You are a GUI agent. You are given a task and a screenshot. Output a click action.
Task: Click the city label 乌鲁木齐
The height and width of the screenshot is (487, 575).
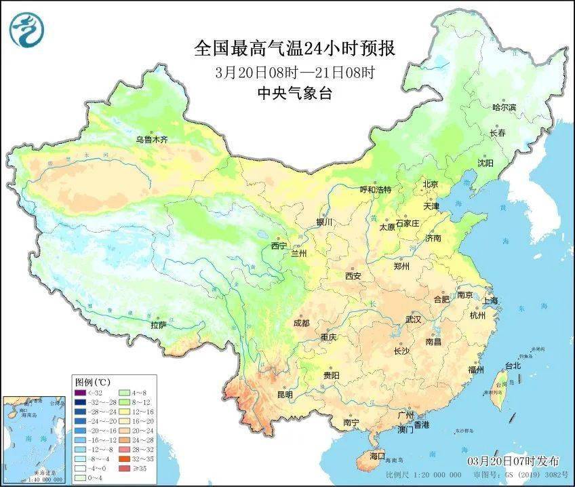(x=151, y=140)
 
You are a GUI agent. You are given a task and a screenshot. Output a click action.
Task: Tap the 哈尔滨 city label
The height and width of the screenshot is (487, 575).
(x=504, y=107)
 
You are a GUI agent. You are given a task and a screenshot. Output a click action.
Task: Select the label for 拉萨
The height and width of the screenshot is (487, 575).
(x=158, y=325)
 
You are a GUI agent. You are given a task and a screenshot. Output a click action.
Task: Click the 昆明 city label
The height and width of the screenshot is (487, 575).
(x=285, y=394)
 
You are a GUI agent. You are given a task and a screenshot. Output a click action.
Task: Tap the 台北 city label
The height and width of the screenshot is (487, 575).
(x=513, y=366)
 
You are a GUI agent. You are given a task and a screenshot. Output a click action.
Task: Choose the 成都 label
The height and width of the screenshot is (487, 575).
(x=301, y=323)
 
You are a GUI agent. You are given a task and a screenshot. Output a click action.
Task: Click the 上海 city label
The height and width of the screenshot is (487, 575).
(x=491, y=300)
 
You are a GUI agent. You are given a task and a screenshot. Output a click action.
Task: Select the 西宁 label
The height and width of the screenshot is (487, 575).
(x=279, y=246)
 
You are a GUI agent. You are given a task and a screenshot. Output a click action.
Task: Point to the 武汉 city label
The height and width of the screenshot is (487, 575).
(x=413, y=319)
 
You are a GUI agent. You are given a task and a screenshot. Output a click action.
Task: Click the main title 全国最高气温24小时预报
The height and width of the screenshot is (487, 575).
(x=294, y=48)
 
